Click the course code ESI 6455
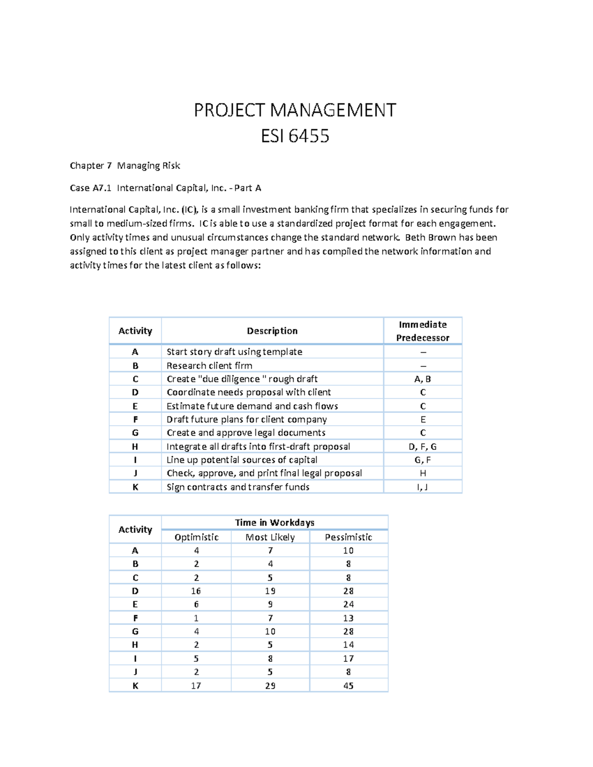point(295,136)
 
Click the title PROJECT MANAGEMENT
point(295,110)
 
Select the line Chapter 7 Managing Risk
point(125,165)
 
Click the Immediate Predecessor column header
point(423,331)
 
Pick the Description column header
point(272,331)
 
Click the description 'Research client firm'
point(210,365)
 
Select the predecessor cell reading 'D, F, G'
point(423,446)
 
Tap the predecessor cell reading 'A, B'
point(423,379)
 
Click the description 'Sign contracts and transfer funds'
point(238,487)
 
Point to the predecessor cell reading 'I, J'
point(423,487)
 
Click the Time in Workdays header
point(275,523)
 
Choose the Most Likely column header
point(270,537)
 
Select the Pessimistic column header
point(348,537)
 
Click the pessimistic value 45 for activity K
point(348,686)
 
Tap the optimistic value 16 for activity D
point(196,591)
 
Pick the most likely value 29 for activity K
point(270,686)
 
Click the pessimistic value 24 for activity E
point(348,605)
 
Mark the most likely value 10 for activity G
point(270,632)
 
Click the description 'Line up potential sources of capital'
point(242,460)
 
